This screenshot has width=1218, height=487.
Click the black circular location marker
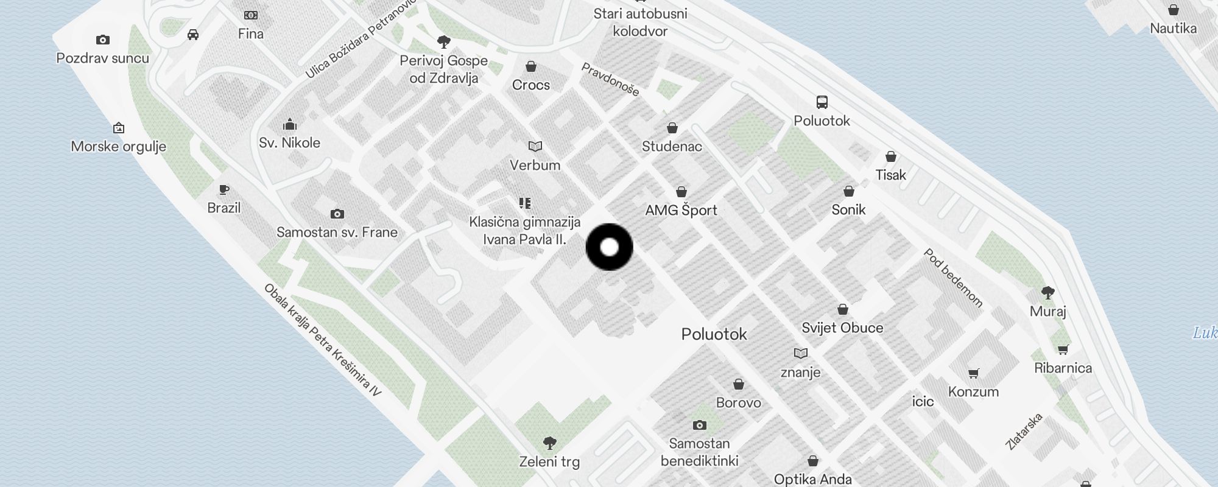pos(609,247)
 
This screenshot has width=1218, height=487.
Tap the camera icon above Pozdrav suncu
pos(103,40)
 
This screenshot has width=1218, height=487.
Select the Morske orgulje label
pos(119,147)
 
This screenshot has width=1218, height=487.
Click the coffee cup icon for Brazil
pos(224,190)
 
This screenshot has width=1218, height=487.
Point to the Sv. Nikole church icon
pos(290,125)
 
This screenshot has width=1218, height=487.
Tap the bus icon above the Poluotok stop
pos(822,102)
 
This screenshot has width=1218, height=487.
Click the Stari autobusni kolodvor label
pos(640,23)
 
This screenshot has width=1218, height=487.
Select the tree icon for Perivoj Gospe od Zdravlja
pos(444,42)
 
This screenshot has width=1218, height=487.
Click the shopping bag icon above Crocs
pos(531,66)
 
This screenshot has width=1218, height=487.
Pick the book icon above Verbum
pos(535,147)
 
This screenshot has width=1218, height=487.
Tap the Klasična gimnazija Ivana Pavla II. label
pos(525,231)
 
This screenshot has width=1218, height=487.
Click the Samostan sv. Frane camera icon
pos(337,214)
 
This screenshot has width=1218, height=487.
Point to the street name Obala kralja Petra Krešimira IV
pos(323,340)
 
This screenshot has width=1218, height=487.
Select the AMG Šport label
pos(681,211)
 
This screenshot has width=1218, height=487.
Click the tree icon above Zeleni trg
pos(549,443)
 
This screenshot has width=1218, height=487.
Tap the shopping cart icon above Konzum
pos(973,373)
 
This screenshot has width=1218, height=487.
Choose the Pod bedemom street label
pos(953,278)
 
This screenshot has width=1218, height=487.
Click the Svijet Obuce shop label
pos(842,328)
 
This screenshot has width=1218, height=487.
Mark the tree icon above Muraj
pos(1048,293)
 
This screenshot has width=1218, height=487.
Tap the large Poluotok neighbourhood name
pos(714,334)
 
